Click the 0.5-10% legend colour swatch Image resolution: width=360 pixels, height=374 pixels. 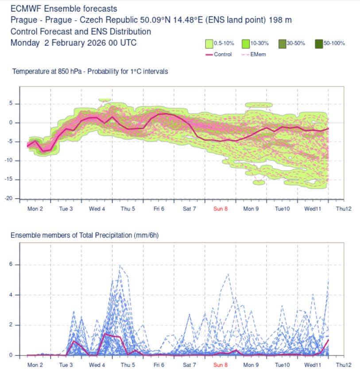209,43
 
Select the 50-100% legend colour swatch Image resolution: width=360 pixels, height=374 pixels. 319,43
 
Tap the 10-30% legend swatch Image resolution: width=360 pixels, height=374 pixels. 246,43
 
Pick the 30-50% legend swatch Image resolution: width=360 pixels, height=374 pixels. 282,43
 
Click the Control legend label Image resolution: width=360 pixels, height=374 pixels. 222,55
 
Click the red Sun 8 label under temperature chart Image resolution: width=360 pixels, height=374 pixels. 220,209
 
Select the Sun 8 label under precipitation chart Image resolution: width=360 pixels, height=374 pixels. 220,365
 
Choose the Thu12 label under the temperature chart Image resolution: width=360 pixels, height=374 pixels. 344,209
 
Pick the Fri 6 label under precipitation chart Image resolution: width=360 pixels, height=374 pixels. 159,365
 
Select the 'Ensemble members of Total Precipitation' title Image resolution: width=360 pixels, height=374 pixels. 85,235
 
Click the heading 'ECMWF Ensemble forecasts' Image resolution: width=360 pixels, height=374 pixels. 64,8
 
